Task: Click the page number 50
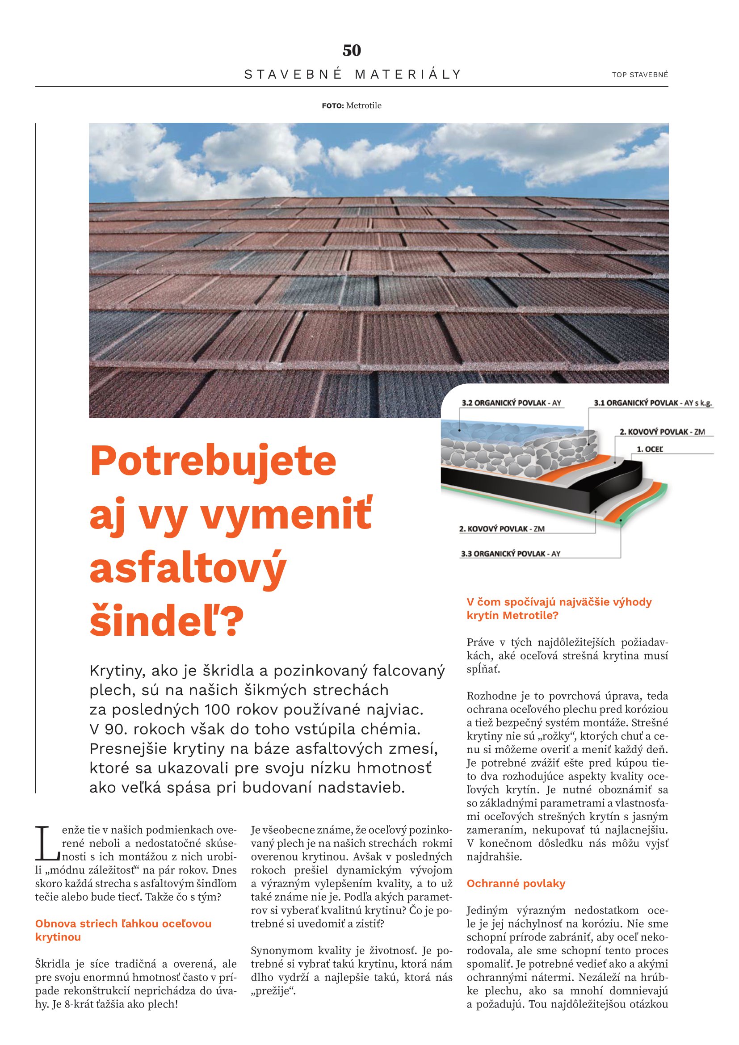point(351,50)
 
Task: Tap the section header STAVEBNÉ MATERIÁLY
point(353,74)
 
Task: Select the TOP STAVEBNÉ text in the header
point(640,75)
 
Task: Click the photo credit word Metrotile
point(364,106)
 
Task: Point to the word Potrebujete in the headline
point(213,461)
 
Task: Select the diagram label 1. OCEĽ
point(649,449)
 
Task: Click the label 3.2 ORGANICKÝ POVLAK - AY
point(511,403)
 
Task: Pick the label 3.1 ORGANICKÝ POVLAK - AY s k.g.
point(652,403)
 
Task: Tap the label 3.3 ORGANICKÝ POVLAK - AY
point(510,554)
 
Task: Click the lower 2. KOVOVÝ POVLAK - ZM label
point(501,529)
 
